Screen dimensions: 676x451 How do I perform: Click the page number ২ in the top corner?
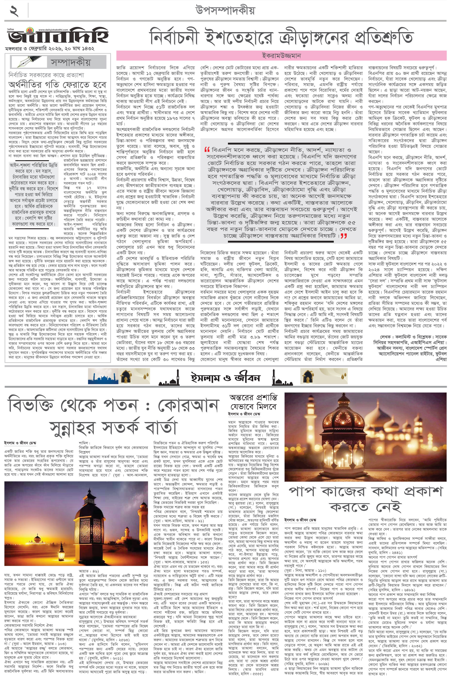14,11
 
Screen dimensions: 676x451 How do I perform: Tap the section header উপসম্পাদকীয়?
225,10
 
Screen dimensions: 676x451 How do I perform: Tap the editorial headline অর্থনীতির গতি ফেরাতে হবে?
57,84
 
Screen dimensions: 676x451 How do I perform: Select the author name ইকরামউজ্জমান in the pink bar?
281,55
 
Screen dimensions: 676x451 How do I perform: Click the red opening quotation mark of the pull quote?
207,150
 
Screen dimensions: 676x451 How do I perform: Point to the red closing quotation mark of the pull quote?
343,236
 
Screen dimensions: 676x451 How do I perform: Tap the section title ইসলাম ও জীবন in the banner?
225,378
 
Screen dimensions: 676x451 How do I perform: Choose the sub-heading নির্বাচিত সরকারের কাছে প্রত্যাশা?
46,75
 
